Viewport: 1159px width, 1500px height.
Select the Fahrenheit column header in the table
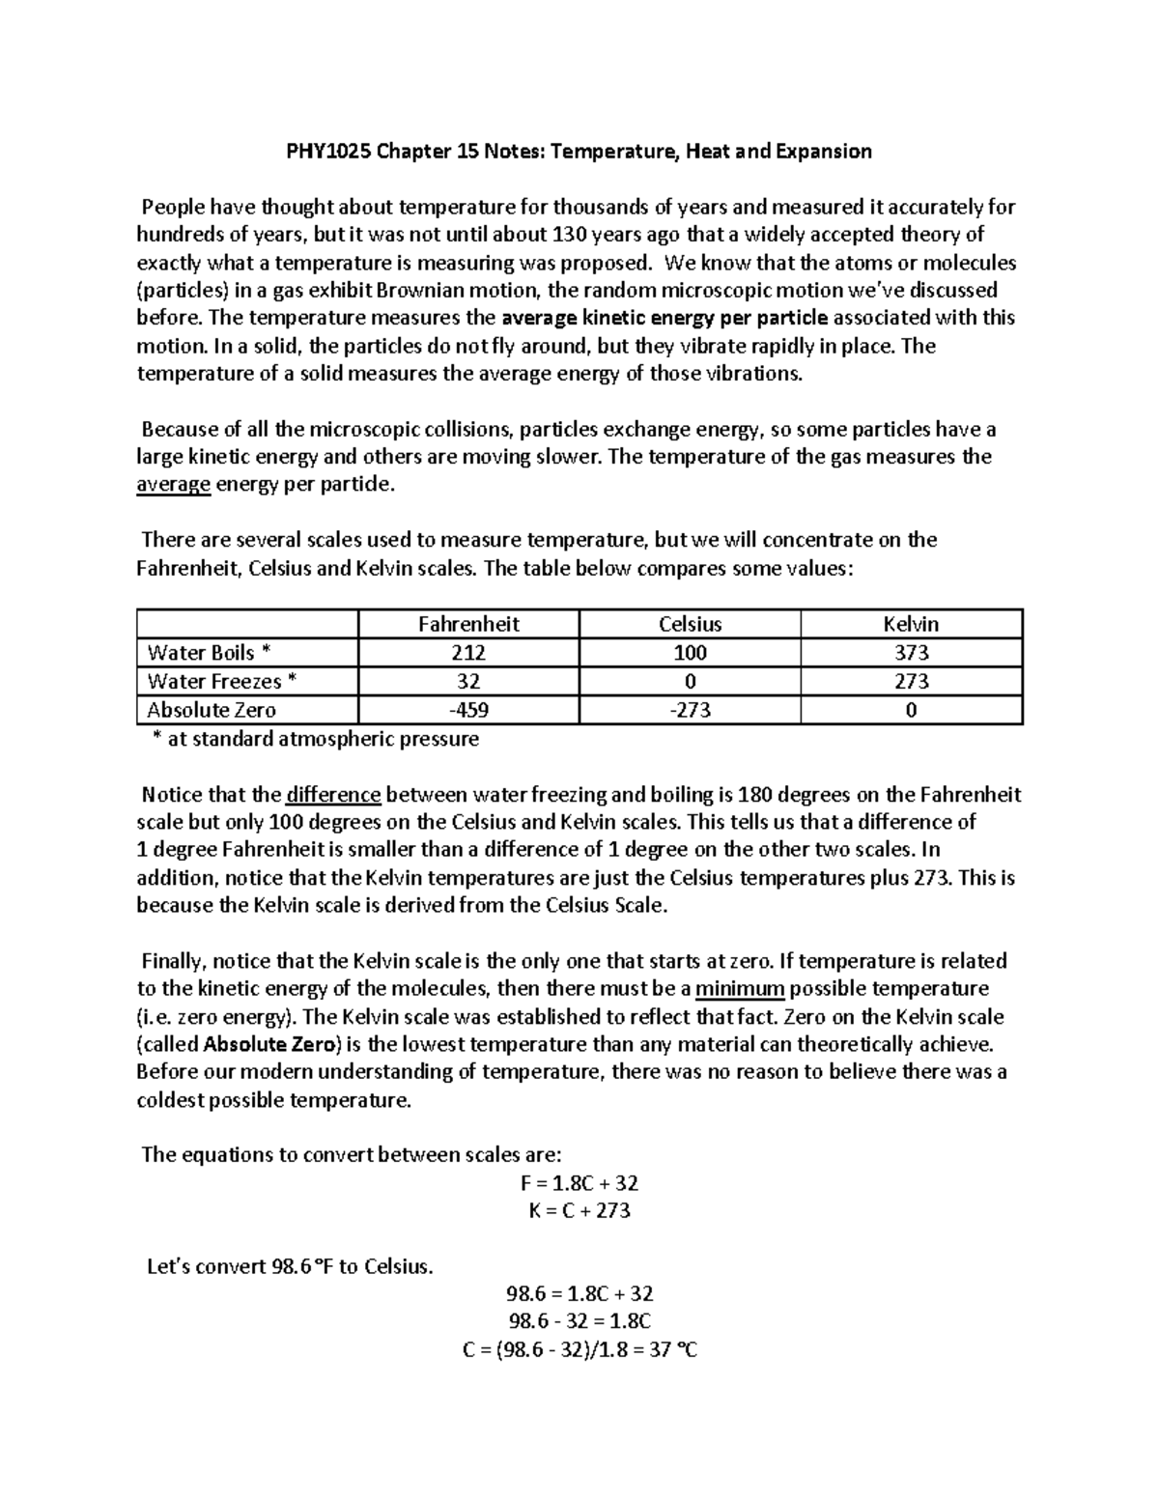[468, 624]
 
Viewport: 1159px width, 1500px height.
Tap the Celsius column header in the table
[690, 624]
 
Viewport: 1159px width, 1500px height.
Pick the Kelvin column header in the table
[911, 624]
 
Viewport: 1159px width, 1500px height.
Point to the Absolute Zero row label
[212, 710]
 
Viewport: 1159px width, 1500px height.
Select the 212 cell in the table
[468, 653]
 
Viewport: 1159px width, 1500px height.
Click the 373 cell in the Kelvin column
[911, 653]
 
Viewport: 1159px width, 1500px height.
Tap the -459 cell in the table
[468, 710]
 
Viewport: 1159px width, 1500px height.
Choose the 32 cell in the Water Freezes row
[468, 681]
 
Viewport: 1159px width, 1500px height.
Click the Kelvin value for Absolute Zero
[911, 710]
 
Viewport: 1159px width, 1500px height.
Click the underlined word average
[174, 485]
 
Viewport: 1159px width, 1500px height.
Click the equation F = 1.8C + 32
[579, 1183]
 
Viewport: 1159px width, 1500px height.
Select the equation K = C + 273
[579, 1210]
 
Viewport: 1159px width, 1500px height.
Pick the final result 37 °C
[673, 1349]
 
